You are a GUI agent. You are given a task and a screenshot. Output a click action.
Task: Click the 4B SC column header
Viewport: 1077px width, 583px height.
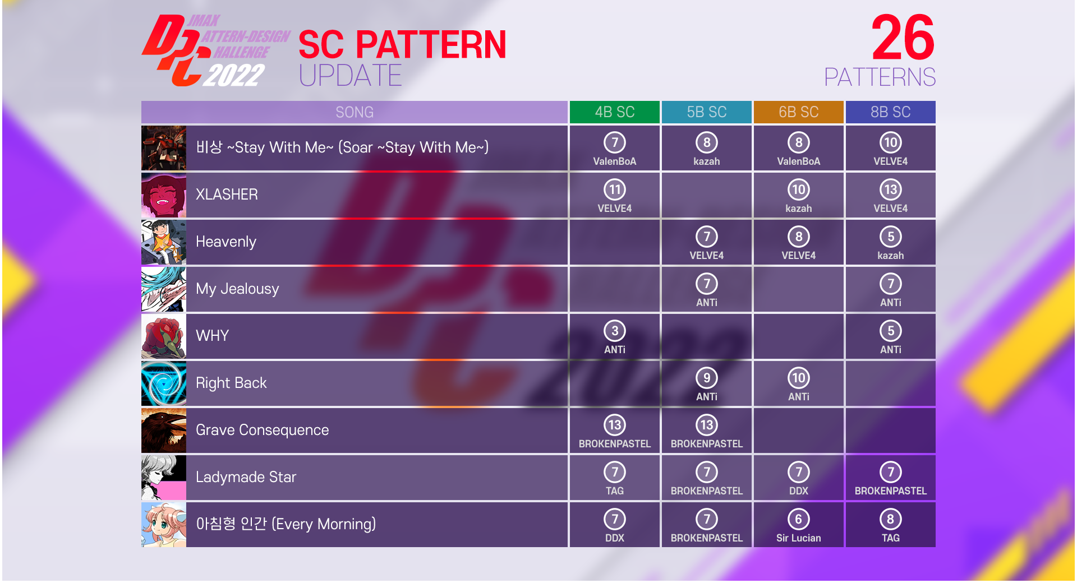615,112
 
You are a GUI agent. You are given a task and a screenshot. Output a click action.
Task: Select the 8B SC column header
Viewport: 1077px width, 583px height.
891,112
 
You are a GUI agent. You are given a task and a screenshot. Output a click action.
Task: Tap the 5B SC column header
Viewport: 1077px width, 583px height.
707,112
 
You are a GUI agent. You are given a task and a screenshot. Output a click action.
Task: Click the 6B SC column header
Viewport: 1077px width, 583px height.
799,112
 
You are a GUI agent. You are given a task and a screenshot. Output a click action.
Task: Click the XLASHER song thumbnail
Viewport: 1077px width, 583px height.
164,195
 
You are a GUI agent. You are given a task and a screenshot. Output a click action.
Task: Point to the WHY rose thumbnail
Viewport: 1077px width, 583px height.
164,336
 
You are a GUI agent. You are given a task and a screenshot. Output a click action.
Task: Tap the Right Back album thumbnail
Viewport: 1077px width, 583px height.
164,383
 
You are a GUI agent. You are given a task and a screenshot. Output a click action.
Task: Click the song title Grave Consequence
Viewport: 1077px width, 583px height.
262,430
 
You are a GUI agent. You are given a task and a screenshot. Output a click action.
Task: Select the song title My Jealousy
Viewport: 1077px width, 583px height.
237,289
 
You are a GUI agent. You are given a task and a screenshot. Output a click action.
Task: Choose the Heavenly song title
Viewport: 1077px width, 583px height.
226,242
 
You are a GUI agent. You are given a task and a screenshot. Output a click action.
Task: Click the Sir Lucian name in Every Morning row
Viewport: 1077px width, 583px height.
799,538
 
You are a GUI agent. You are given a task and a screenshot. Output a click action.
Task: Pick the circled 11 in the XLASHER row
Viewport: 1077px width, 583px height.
615,189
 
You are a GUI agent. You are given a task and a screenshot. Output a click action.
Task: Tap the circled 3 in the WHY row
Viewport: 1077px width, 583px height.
615,331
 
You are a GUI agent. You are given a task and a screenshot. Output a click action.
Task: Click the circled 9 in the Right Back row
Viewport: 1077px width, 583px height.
707,378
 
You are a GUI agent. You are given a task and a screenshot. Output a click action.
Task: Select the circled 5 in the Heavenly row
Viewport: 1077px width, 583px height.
891,237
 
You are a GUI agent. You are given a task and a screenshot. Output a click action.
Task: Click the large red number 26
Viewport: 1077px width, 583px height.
903,38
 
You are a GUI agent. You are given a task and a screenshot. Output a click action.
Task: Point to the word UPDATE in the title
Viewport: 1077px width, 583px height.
351,76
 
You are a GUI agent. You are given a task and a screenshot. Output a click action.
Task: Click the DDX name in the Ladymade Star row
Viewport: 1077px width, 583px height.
799,491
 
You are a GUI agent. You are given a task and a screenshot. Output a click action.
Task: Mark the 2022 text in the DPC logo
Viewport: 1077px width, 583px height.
234,75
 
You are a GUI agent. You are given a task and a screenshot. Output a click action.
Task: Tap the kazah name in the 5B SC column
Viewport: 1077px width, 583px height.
707,161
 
